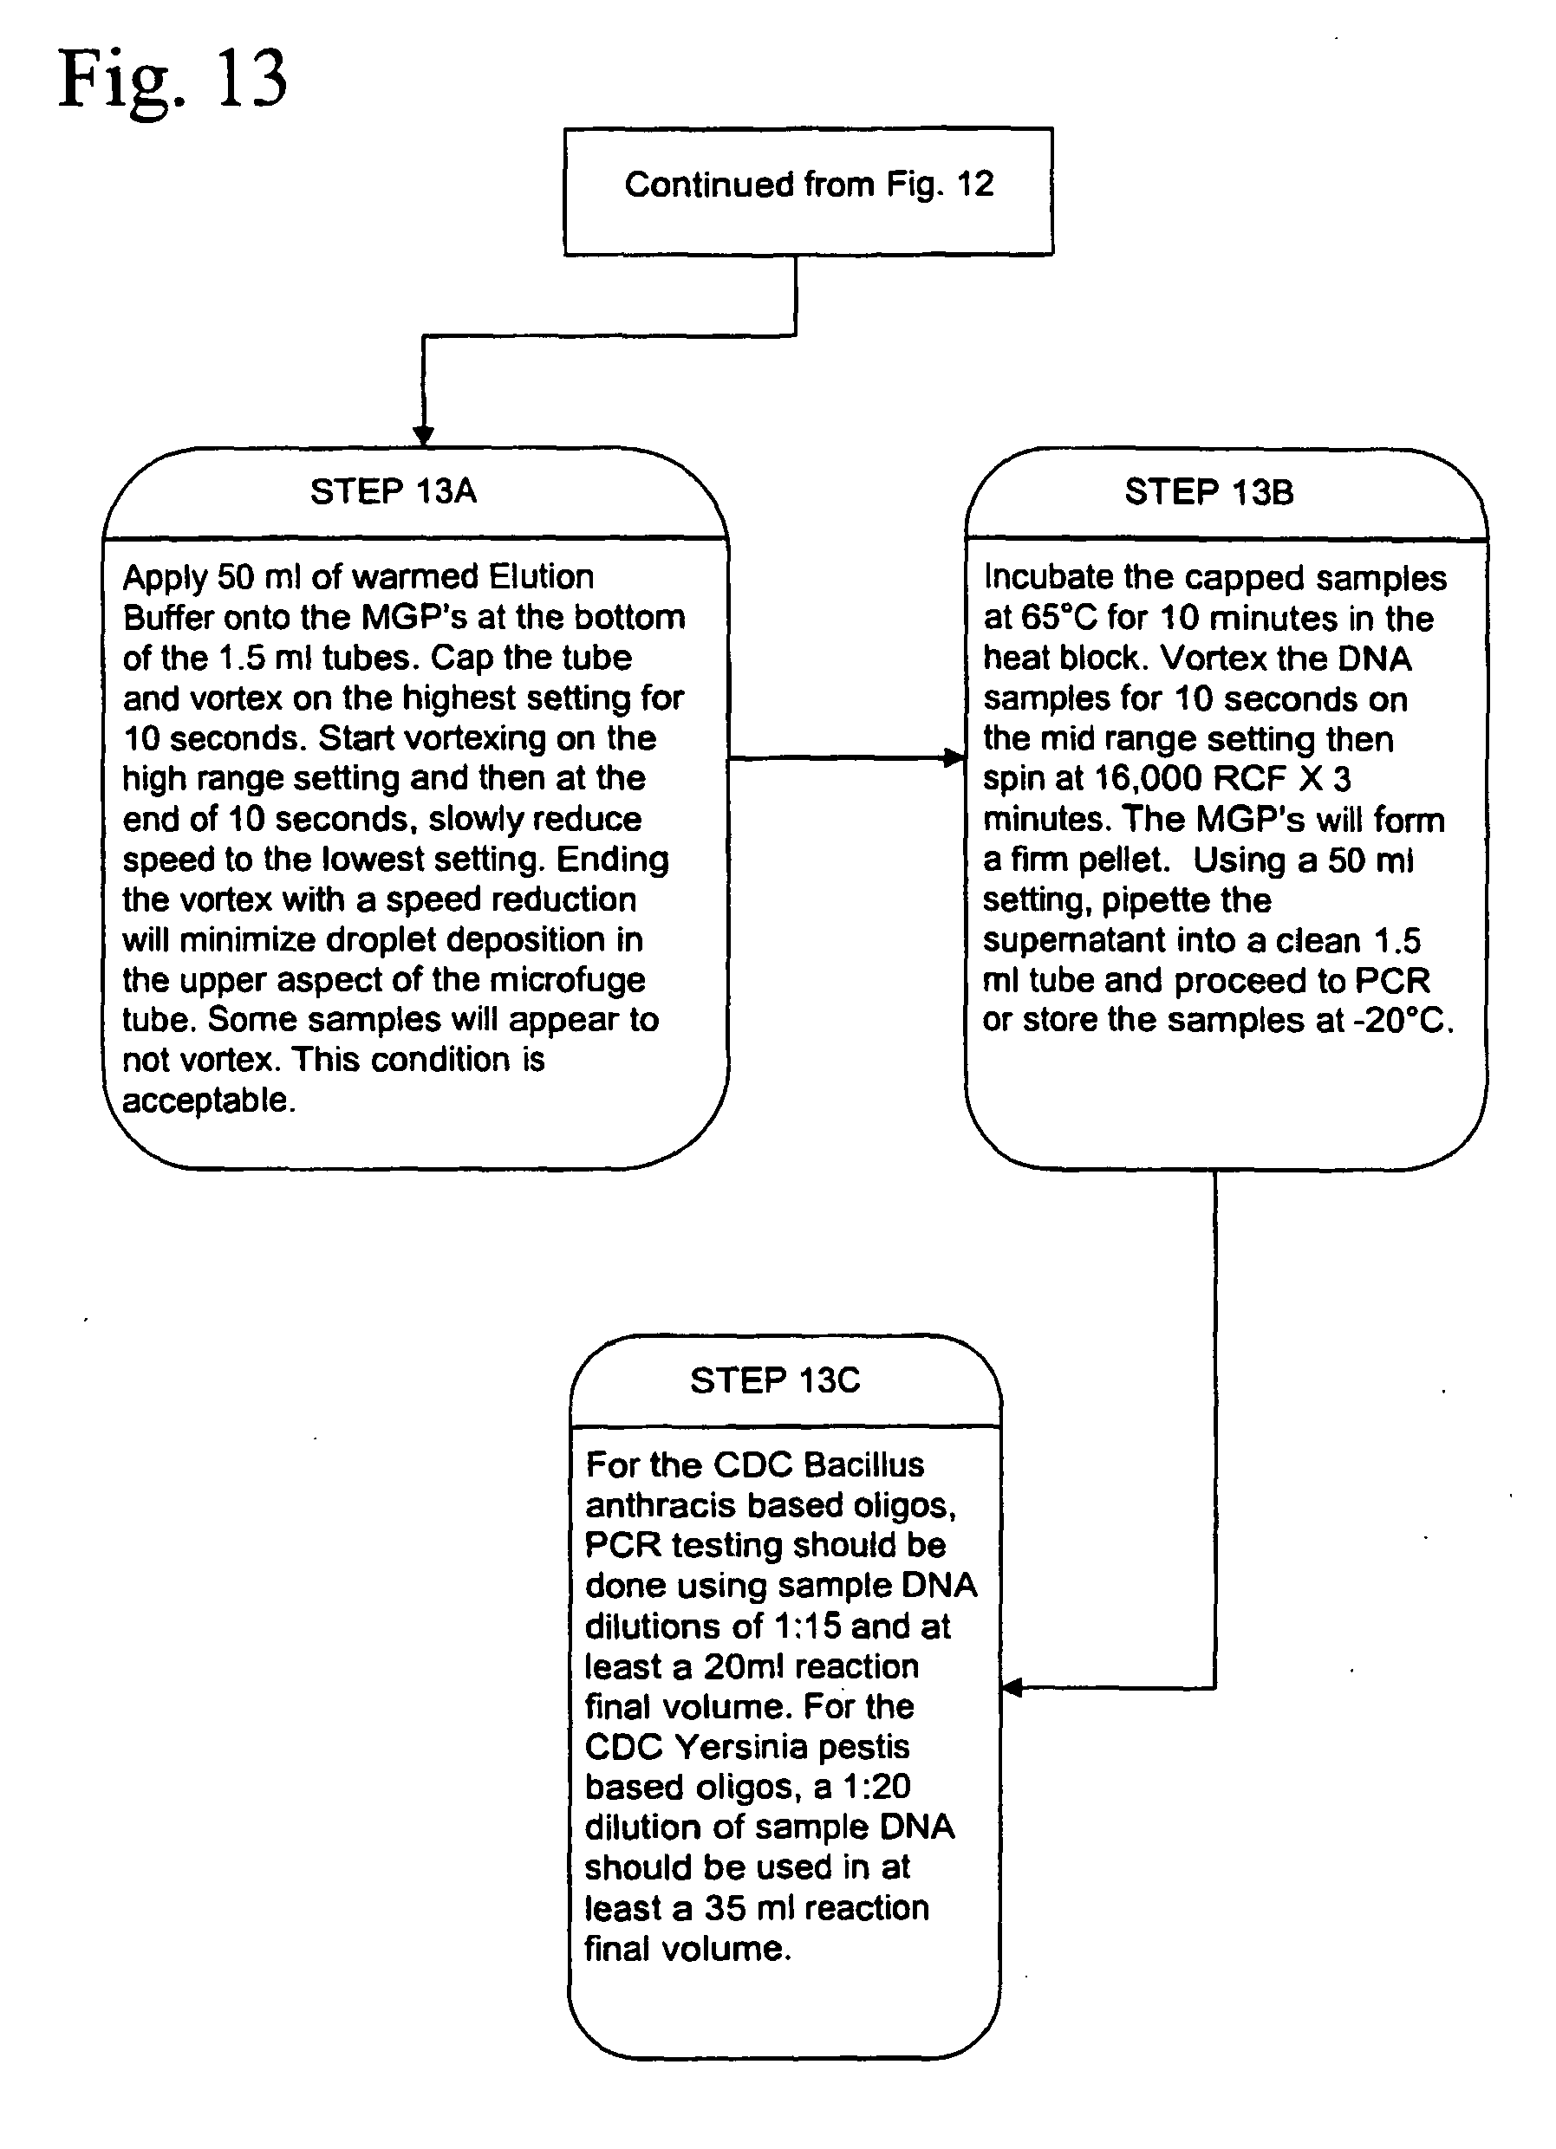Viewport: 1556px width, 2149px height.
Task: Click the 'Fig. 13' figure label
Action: click(x=173, y=81)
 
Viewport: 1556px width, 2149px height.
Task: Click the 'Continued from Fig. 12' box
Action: click(x=808, y=192)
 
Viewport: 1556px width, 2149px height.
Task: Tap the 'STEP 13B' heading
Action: click(x=1209, y=493)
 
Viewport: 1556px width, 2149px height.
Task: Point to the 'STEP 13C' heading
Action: click(x=775, y=1380)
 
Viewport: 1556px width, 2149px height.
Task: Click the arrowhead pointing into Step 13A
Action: click(x=424, y=436)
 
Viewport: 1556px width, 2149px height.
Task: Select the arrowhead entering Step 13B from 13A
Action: click(x=955, y=757)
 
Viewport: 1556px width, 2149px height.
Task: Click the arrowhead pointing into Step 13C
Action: click(x=1011, y=1686)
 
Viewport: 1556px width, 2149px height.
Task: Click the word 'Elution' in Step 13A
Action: click(x=541, y=577)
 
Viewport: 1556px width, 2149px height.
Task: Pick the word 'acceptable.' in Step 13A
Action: click(x=208, y=1100)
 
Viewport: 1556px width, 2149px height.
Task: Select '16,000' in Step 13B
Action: click(x=1149, y=779)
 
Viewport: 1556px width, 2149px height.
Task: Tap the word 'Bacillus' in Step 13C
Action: click(x=863, y=1465)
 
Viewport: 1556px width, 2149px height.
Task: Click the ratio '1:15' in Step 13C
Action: click(x=807, y=1626)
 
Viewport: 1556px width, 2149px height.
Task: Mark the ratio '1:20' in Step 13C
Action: click(x=876, y=1787)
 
